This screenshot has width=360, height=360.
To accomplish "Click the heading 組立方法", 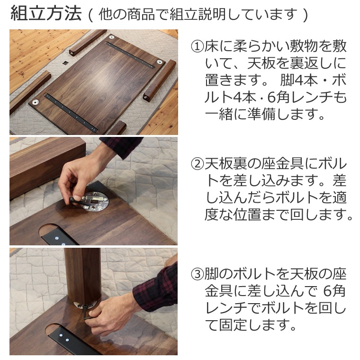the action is pyautogui.click(x=46, y=14).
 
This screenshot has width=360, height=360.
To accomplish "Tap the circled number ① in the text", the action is pyautogui.click(x=198, y=47).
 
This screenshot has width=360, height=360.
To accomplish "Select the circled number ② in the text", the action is pyautogui.click(x=198, y=164).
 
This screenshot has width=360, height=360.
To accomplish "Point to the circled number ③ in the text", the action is pyautogui.click(x=198, y=274).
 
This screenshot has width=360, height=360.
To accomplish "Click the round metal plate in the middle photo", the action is pyautogui.click(x=95, y=201).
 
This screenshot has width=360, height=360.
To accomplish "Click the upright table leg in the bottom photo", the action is pyautogui.click(x=82, y=276).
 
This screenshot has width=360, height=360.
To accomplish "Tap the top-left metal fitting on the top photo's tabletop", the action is pyautogui.click(x=112, y=37).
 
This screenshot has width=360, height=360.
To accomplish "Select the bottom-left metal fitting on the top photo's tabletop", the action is pyautogui.click(x=36, y=102).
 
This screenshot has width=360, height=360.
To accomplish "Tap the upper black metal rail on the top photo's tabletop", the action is pyautogui.click(x=130, y=55).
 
